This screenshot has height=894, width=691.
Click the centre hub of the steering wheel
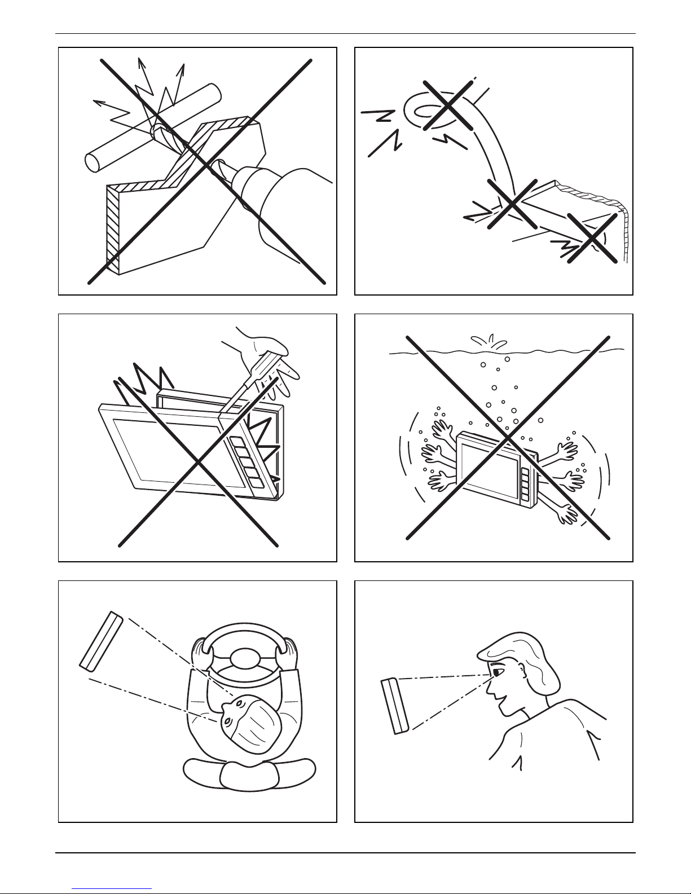tap(246, 658)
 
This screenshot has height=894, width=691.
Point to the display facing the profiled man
tap(394, 706)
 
